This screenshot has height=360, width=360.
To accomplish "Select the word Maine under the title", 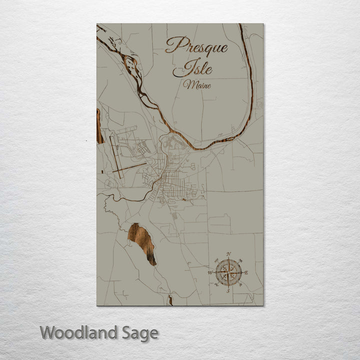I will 196,84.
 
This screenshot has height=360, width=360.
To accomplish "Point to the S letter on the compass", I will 228,290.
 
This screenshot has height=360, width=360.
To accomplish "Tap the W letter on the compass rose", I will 210,272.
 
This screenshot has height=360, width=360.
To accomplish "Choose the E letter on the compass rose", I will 246,272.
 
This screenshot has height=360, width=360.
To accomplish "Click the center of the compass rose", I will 228,272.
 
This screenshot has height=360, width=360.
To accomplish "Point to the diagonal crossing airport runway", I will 129,168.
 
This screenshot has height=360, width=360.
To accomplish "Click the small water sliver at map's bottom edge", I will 170,300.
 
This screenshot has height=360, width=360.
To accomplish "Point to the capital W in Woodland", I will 48,332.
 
